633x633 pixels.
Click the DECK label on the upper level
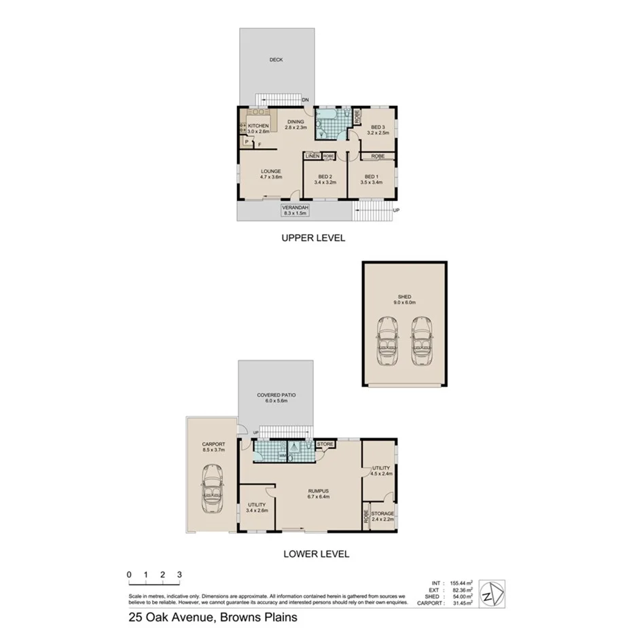point(276,60)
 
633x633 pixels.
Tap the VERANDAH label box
point(295,210)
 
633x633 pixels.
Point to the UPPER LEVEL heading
point(314,238)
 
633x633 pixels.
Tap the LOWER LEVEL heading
point(316,554)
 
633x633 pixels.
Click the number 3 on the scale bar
point(179,575)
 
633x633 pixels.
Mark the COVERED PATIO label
point(276,398)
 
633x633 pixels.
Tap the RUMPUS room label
point(318,493)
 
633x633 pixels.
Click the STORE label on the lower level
point(326,445)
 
